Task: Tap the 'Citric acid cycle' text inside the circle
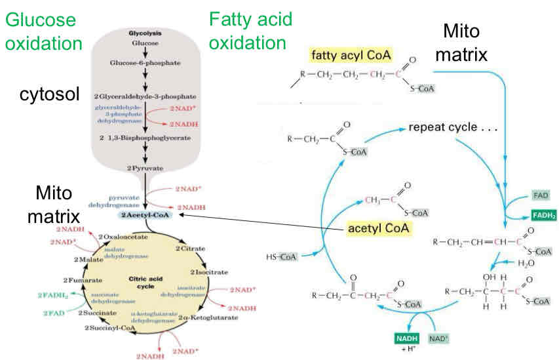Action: point(152,283)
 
